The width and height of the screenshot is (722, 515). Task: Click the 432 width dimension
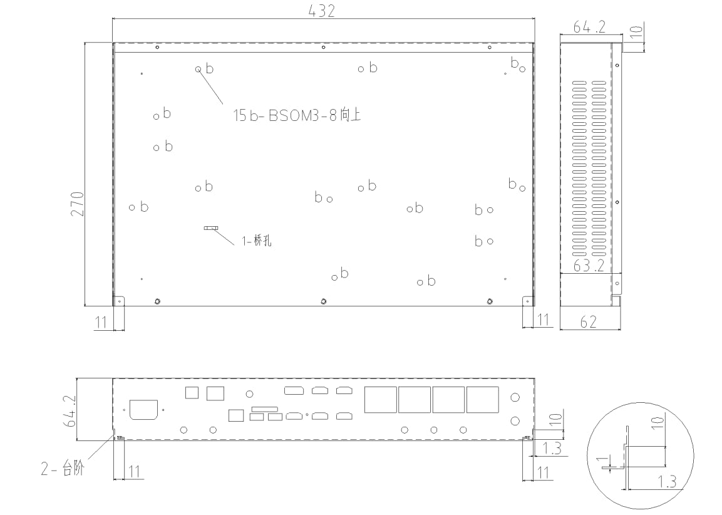coord(322,11)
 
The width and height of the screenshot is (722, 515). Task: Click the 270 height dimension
coord(77,204)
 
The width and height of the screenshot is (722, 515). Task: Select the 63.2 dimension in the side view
coord(589,266)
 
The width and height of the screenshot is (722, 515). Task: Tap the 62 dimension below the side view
coord(588,322)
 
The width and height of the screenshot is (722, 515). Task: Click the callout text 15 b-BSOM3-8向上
coord(297,116)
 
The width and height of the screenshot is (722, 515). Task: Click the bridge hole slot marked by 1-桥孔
coord(210,228)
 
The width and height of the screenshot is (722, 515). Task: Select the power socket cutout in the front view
coord(142,410)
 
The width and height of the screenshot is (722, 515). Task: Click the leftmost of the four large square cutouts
coord(380,400)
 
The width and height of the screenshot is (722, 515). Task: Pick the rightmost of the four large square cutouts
coord(482,400)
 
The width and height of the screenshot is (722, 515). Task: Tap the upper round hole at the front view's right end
coord(515,397)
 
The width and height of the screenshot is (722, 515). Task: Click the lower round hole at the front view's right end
coord(515,420)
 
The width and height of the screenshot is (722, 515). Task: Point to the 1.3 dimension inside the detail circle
coord(668,481)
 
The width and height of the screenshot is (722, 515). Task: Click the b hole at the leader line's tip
coord(199,69)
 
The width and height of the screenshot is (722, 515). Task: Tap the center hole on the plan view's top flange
coord(323,47)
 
